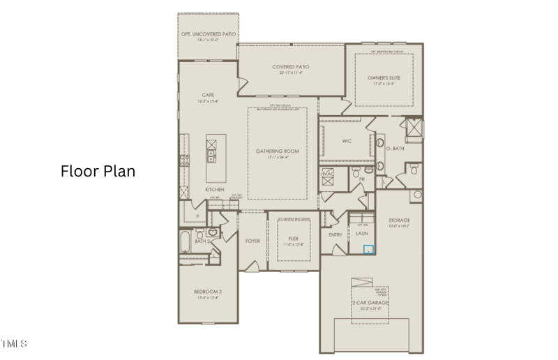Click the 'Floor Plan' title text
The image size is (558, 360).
[98, 171]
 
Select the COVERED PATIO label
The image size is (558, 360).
[291, 67]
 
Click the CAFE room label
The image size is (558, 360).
[208, 95]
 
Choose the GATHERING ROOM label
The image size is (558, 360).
[277, 151]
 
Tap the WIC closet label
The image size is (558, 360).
[347, 141]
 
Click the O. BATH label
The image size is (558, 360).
[395, 149]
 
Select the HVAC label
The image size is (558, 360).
[328, 174]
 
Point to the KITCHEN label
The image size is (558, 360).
[214, 190]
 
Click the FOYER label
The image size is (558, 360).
[252, 241]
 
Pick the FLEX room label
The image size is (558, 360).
[294, 239]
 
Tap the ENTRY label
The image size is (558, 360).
[335, 234]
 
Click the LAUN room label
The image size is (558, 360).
[361, 234]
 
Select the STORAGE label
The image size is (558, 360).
[399, 220]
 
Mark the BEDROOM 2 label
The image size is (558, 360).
[208, 291]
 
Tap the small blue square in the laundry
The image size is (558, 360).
[370, 248]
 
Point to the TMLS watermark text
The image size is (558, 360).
[14, 344]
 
